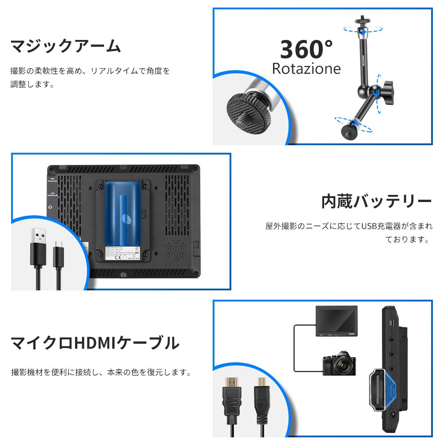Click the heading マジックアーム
(x=65, y=46)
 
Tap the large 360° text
(x=306, y=49)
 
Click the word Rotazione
(x=306, y=69)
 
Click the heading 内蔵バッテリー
(x=376, y=201)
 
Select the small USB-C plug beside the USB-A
(x=58, y=255)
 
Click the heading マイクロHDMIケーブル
(x=95, y=343)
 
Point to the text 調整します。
(x=32, y=84)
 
